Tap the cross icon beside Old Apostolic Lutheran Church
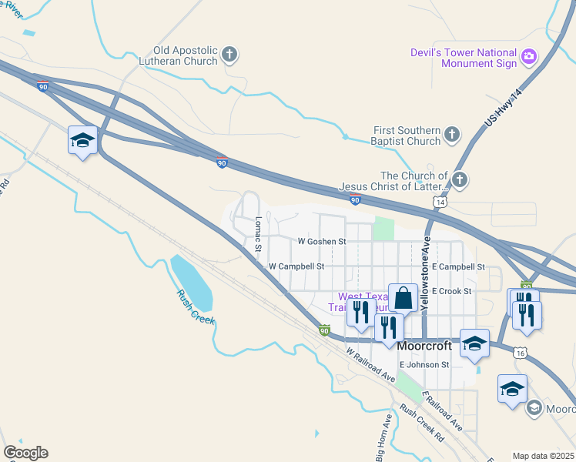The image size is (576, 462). (x=229, y=55)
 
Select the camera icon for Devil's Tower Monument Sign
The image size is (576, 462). (x=528, y=56)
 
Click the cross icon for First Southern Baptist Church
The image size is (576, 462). (x=451, y=136)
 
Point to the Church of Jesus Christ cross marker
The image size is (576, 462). (x=459, y=181)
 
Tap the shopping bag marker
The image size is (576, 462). (x=403, y=296)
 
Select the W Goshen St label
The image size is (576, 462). (x=321, y=241)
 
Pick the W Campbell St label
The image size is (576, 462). (x=296, y=266)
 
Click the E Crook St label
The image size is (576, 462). (x=451, y=291)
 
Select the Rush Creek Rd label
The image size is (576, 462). (x=422, y=422)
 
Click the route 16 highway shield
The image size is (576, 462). (x=521, y=353)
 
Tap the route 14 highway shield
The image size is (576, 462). (x=439, y=201)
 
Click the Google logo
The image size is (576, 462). (x=25, y=453)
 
